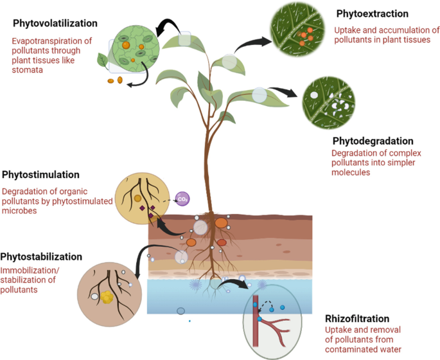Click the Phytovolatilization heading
[55, 23]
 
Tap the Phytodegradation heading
[373, 141]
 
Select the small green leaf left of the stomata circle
[102, 60]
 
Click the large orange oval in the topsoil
[220, 224]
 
